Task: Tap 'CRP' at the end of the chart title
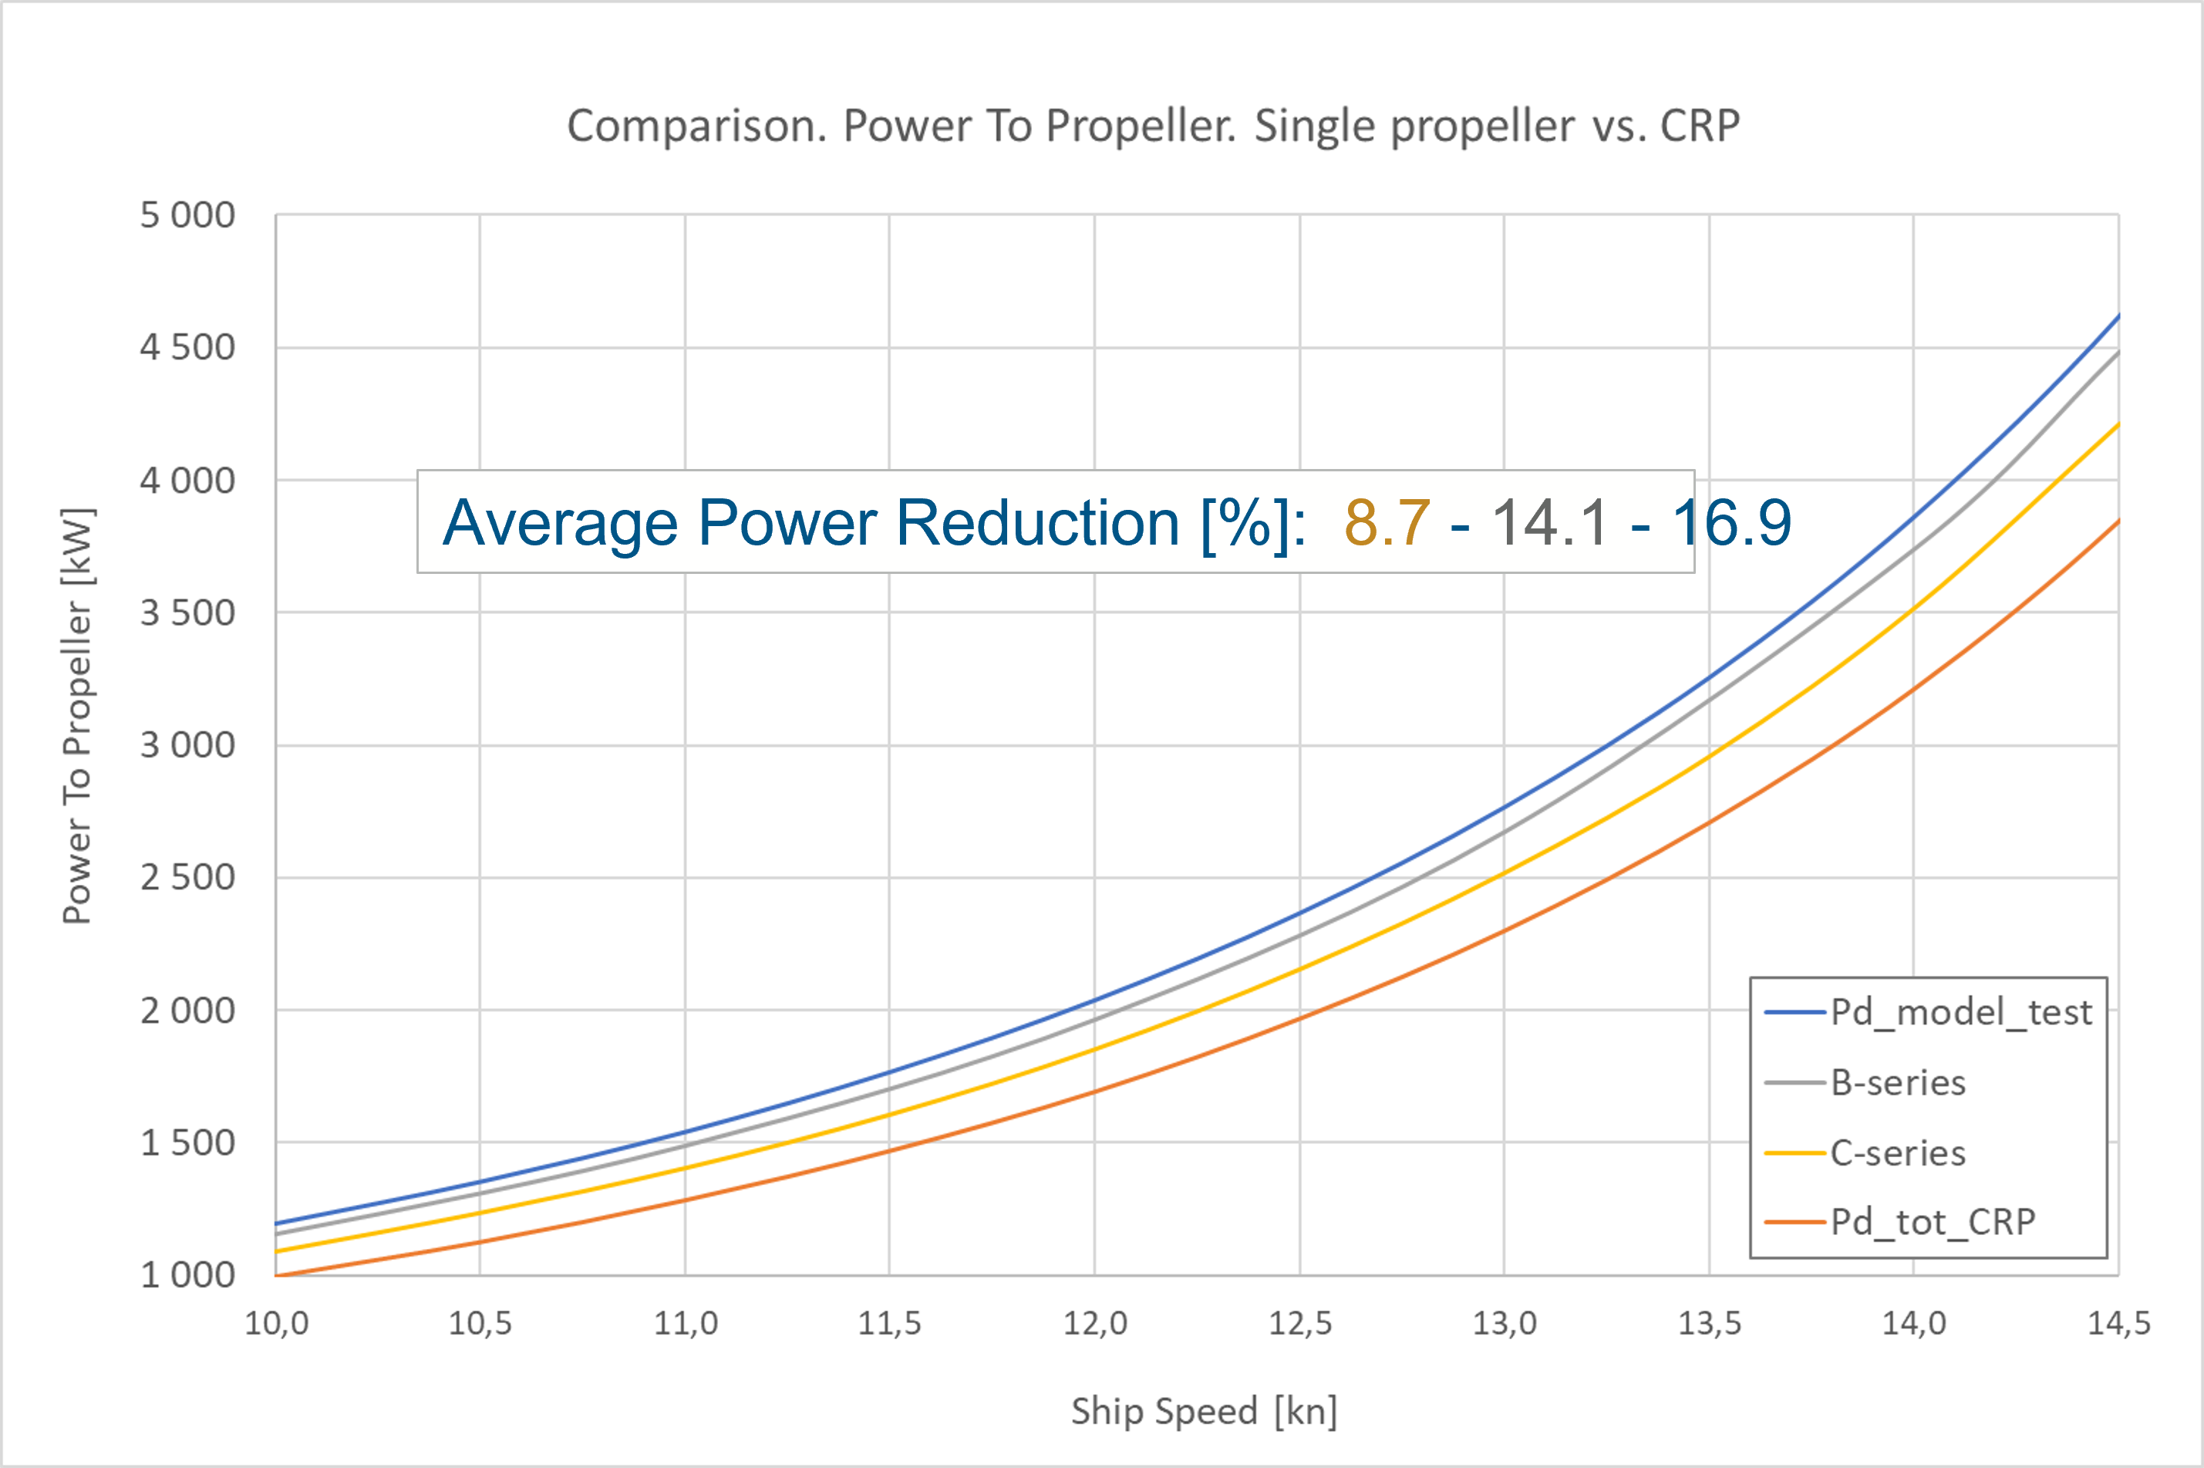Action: click(x=1700, y=127)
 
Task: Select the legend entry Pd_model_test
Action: click(x=1960, y=1012)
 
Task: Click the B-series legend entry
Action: click(x=1897, y=1082)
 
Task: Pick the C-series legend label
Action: click(x=1897, y=1152)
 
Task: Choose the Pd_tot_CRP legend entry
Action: click(x=1932, y=1222)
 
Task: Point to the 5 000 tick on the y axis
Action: click(x=187, y=215)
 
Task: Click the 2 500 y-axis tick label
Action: click(x=187, y=878)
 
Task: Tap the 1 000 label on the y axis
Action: click(x=187, y=1275)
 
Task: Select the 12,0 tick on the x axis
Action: click(x=1095, y=1324)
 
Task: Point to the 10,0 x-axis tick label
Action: click(x=276, y=1324)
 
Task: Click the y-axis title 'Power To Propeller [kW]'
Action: click(x=77, y=716)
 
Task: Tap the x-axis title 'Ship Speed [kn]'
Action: click(x=1205, y=1411)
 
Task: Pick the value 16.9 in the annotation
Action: click(x=1731, y=522)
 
